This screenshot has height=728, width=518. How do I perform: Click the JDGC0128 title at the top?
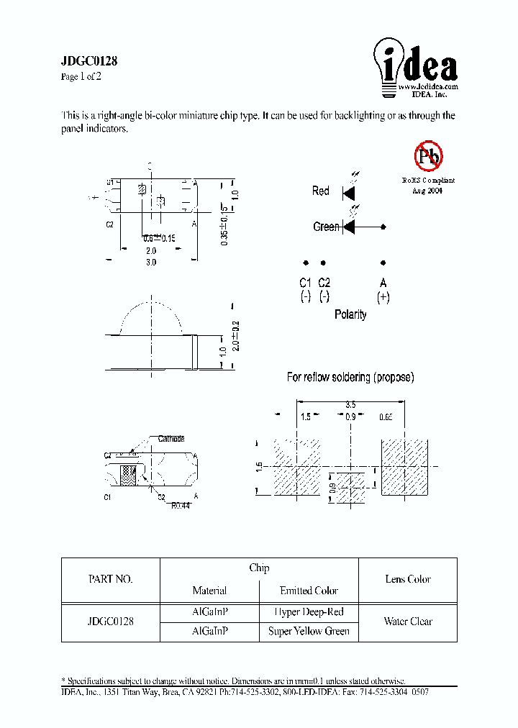tap(89, 62)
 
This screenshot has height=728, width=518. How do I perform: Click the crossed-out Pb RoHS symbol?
tap(429, 155)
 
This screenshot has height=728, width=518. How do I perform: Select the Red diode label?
tap(320, 191)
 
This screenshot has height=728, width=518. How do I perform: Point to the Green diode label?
tap(326, 227)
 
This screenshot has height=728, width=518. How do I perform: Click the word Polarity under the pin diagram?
tap(350, 314)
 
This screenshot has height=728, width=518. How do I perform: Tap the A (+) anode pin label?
tap(383, 289)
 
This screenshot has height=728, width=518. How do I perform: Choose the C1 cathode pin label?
tap(305, 289)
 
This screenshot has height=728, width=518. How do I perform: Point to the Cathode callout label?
tap(171, 438)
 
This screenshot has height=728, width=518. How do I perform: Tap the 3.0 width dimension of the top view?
tap(151, 263)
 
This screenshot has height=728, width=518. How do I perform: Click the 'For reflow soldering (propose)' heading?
tap(350, 377)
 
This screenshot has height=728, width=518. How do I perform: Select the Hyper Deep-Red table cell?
tap(309, 612)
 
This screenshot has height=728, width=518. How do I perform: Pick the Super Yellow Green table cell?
tap(309, 631)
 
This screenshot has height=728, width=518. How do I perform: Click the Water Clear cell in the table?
tap(408, 622)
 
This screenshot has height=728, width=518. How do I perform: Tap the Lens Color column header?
tap(408, 579)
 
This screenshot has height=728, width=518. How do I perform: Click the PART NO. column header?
tap(110, 579)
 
